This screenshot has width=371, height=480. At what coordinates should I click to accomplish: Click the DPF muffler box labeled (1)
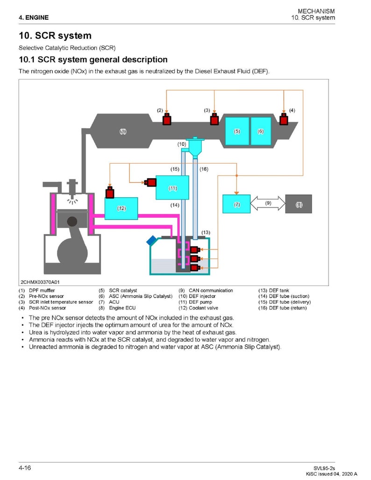pos(122,132)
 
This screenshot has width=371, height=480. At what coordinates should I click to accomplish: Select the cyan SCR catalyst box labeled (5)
pos(237,131)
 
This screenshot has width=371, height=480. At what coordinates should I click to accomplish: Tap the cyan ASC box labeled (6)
pos(261,131)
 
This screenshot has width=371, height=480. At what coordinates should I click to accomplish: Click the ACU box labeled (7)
pos(236,204)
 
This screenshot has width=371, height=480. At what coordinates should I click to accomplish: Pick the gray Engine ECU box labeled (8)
pos(299,204)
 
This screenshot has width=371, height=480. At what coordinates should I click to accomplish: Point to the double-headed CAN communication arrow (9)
pos(268,204)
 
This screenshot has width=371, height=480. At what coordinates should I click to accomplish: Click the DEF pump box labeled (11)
pos(172,188)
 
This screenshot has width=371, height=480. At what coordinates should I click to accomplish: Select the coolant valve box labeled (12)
pos(121,208)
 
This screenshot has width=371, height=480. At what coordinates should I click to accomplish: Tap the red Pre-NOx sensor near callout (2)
pos(167,120)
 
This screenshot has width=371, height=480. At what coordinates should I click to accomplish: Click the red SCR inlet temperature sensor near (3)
pos(214,120)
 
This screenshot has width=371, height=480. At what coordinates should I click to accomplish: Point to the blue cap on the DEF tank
pos(152,241)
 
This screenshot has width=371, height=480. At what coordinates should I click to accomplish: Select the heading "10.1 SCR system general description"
pos(93,60)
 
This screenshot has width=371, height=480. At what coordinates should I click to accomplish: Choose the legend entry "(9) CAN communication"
pos(206,290)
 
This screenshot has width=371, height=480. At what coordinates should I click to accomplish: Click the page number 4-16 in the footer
pos(25,467)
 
